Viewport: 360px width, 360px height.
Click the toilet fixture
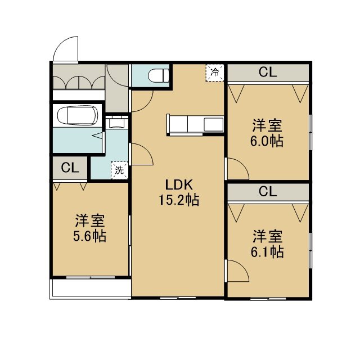click(159, 75)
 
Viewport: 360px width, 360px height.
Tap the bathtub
click(78, 115)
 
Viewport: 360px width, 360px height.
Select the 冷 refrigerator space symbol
click(215, 73)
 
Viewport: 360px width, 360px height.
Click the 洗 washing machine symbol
click(119, 170)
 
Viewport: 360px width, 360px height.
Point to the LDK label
click(179, 185)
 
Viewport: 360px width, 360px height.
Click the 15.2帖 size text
click(179, 200)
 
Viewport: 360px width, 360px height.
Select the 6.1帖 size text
click(267, 252)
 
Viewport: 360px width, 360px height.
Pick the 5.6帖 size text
click(90, 236)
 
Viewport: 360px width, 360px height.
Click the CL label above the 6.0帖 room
click(268, 72)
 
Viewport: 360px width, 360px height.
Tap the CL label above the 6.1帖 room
click(268, 191)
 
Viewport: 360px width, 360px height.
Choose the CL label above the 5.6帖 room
click(70, 168)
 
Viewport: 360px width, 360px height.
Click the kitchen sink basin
click(214, 124)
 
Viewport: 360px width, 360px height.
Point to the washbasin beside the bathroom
click(117, 123)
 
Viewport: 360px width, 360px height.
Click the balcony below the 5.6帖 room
click(91, 288)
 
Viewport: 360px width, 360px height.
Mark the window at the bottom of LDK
click(178, 298)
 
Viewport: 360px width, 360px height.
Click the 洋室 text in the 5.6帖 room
click(90, 220)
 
